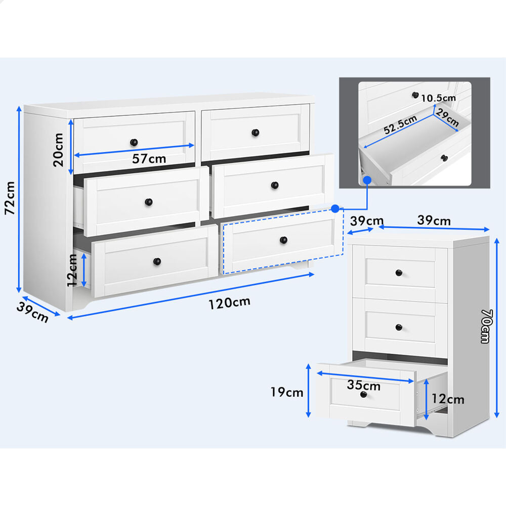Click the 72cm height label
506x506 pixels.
(x=10, y=198)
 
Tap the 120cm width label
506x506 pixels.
(x=229, y=303)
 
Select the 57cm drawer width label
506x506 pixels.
(x=149, y=158)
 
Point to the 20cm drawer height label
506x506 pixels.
(x=58, y=150)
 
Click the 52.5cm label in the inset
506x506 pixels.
(x=400, y=124)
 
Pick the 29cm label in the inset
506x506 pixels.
(x=447, y=117)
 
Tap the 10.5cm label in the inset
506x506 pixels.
(x=438, y=98)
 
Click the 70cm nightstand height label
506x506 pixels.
(x=486, y=326)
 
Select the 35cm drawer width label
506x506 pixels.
(x=364, y=385)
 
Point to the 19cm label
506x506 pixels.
(x=287, y=392)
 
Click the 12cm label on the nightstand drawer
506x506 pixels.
(x=448, y=399)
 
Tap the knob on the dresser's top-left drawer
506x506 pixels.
(x=134, y=142)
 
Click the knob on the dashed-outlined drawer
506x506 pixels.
(x=284, y=240)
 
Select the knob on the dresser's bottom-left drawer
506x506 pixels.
(x=157, y=262)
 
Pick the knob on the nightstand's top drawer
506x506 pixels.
(x=399, y=273)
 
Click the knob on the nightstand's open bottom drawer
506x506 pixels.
(x=364, y=394)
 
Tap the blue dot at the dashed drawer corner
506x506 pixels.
(x=335, y=209)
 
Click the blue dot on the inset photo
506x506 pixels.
(x=367, y=180)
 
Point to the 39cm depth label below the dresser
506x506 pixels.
(x=32, y=312)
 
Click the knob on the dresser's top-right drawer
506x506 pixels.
(x=255, y=133)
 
